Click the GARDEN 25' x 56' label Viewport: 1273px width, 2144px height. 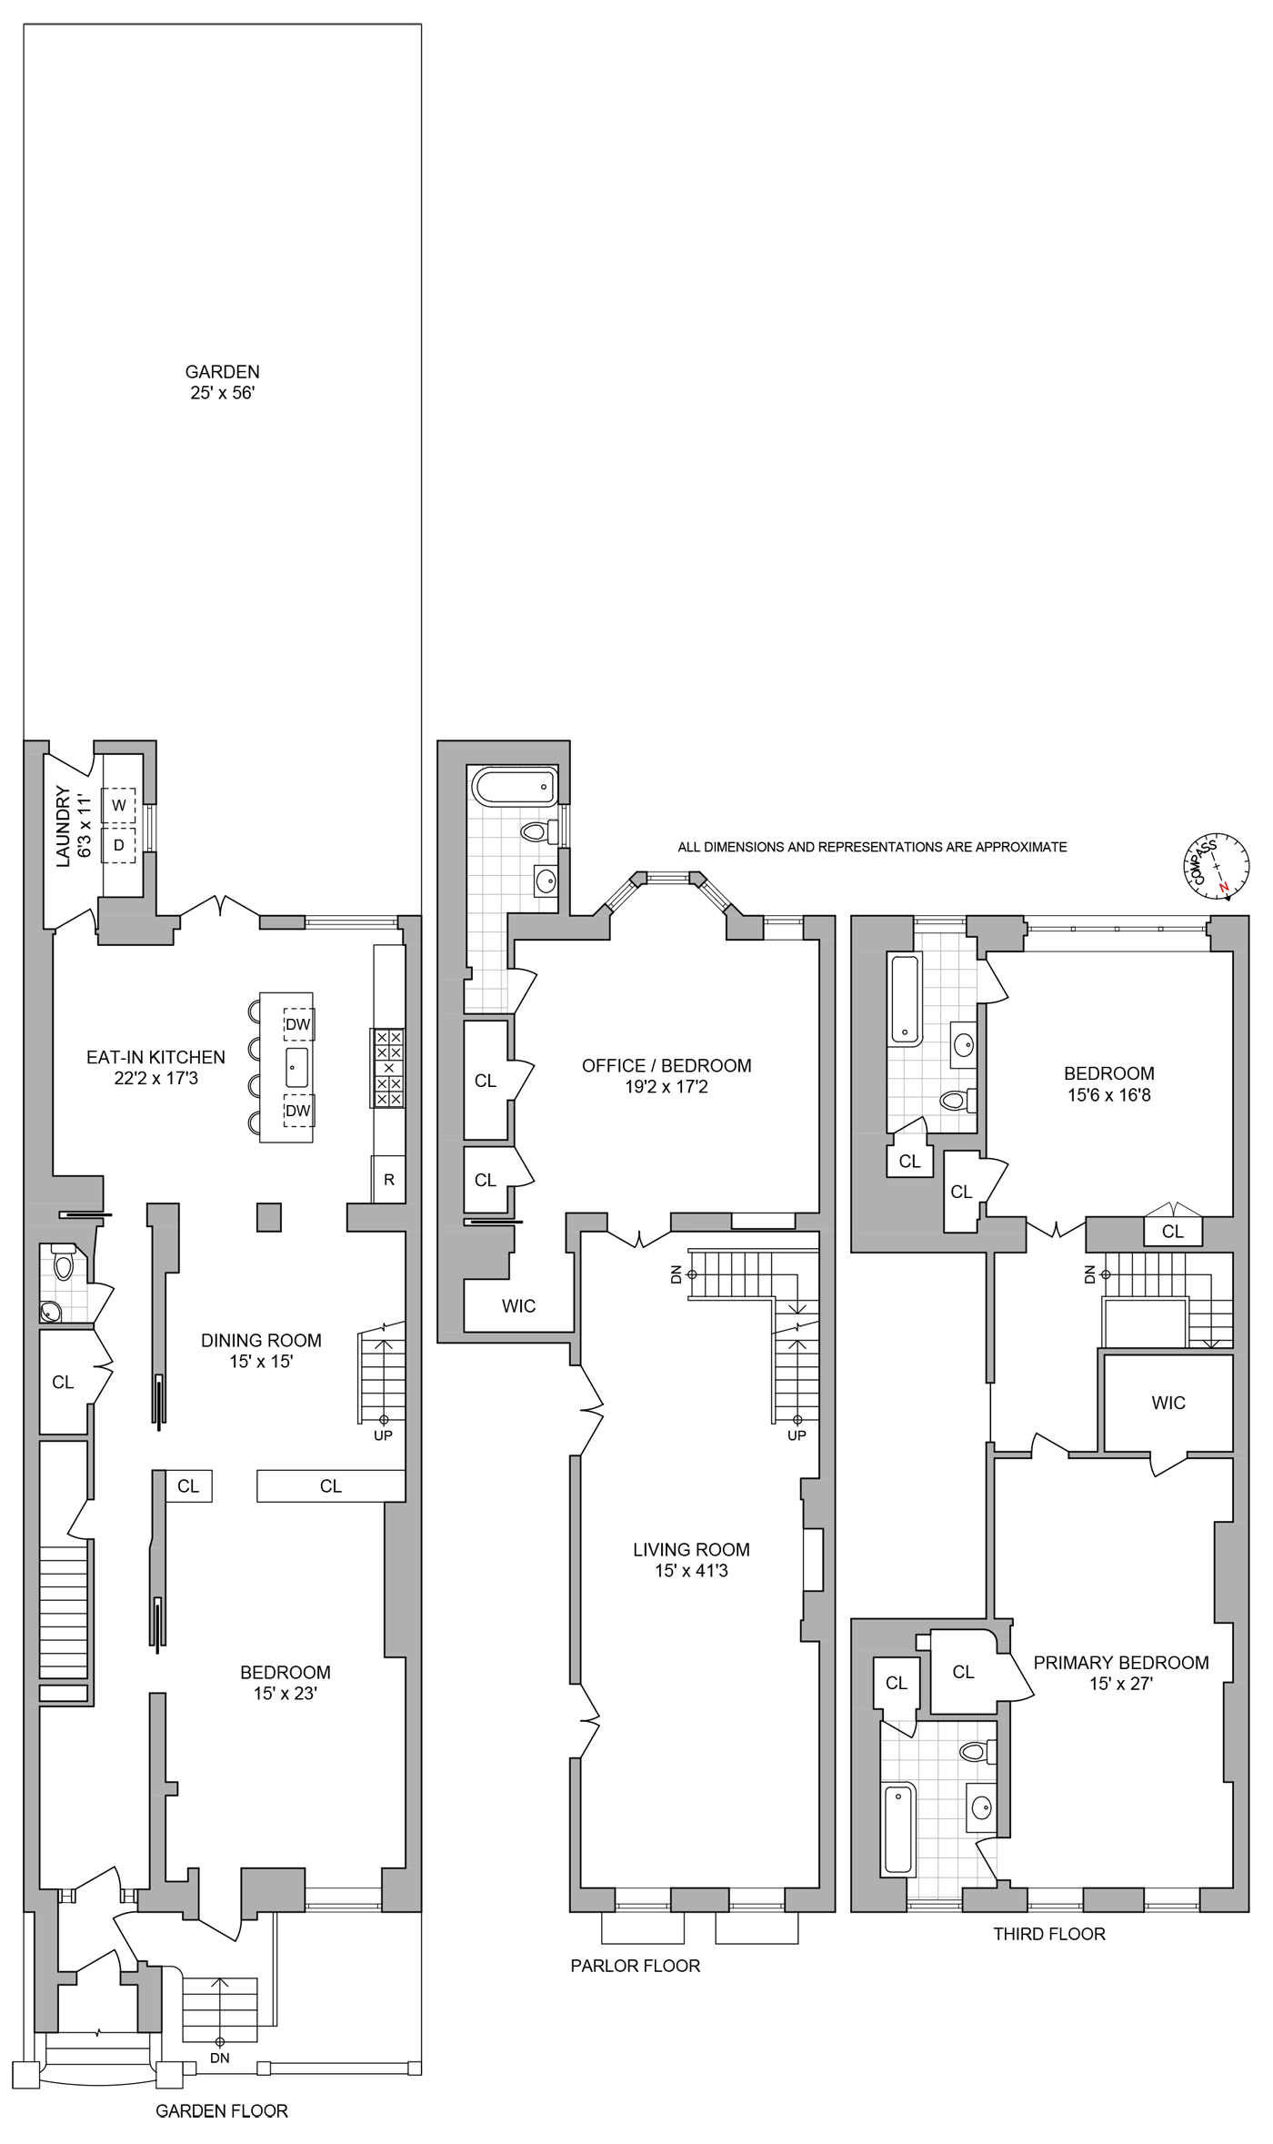(223, 382)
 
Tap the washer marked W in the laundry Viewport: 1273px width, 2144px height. (119, 805)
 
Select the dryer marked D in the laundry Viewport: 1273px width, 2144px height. (119, 845)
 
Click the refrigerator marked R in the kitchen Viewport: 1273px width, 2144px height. (388, 1180)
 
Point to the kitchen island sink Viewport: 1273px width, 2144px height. (296, 1067)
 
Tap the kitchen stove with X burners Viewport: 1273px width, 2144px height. (388, 1068)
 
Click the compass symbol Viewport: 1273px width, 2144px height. (1216, 865)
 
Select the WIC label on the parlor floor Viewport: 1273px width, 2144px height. (518, 1306)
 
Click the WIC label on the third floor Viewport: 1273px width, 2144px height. (1168, 1403)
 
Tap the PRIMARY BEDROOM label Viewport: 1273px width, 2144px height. (1121, 1663)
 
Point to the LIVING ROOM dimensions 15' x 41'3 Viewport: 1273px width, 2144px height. (691, 1571)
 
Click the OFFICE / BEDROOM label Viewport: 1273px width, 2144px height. (667, 1065)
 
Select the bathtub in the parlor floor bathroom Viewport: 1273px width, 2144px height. (515, 787)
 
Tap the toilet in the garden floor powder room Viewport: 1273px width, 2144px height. (64, 1264)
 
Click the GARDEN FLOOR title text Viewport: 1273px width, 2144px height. (222, 2110)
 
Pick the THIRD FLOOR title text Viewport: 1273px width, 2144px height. (1049, 1934)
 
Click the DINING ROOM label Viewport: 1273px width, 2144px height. (261, 1340)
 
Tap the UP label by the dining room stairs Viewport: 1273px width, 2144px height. (383, 1435)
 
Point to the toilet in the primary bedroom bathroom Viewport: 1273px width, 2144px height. (977, 1751)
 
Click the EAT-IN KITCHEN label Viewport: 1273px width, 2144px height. (155, 1057)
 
